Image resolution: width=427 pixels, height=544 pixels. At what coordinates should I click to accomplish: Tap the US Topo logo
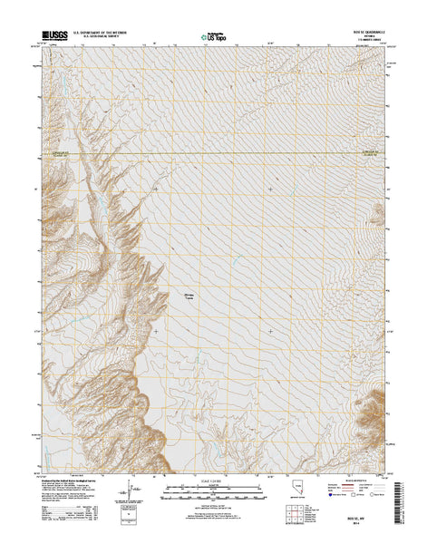coord(211,38)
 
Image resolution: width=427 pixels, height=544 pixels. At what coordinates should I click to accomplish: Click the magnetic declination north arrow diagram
coord(125,491)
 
